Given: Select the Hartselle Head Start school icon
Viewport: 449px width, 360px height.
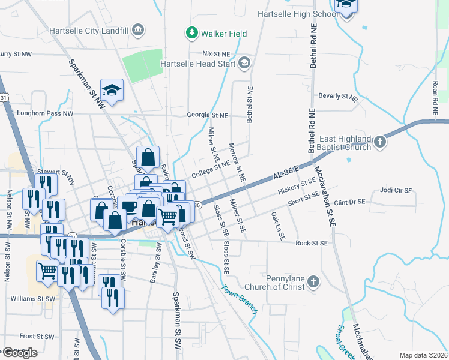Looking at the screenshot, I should [244, 63].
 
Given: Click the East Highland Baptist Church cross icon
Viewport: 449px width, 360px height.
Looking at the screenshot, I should [379, 142].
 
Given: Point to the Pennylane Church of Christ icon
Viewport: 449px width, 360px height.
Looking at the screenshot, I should [312, 282].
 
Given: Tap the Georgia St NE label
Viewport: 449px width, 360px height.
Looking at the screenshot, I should [207, 115].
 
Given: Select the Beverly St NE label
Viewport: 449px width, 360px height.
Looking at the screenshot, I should [337, 96].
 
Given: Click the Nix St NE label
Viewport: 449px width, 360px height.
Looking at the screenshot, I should [216, 54].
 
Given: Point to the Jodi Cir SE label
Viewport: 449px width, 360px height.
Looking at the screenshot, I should [396, 190].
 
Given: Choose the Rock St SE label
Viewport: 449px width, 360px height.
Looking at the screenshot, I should [311, 243].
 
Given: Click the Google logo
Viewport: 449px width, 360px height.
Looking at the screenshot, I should [20, 353].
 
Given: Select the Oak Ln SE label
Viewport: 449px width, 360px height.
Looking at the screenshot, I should [277, 226].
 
